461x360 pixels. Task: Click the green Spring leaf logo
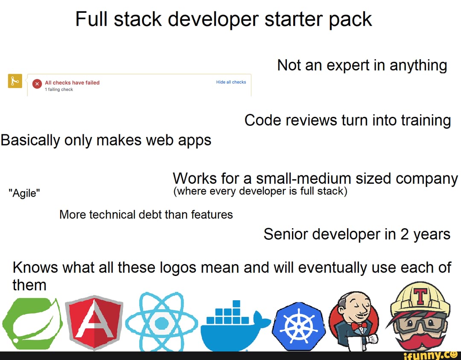click(x=32, y=324)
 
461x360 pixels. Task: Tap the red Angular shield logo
click(x=94, y=322)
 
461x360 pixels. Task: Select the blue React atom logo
click(x=161, y=322)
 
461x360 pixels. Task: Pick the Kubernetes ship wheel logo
click(x=299, y=326)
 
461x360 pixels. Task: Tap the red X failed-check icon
click(x=37, y=84)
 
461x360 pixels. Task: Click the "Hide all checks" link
click(x=231, y=82)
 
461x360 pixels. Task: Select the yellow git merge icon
click(x=15, y=81)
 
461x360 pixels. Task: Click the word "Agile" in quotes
click(x=25, y=193)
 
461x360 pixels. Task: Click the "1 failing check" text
click(x=59, y=89)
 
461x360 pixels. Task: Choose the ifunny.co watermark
click(x=430, y=356)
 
